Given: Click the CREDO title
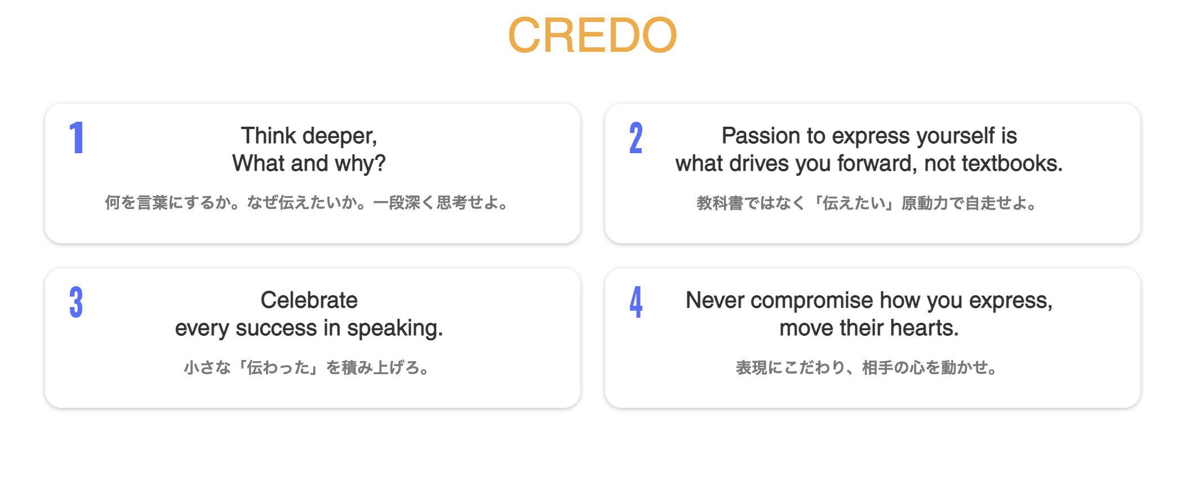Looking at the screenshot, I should pyautogui.click(x=592, y=35).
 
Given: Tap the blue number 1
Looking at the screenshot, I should pyautogui.click(x=77, y=138).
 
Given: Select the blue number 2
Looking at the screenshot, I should pyautogui.click(x=636, y=138).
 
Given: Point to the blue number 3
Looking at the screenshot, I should pyautogui.click(x=76, y=303).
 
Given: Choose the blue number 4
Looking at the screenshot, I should pyautogui.click(x=636, y=303).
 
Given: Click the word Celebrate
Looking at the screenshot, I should pyautogui.click(x=309, y=300).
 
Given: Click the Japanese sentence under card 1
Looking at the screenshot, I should pyautogui.click(x=308, y=203).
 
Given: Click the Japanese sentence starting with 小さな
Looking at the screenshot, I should pyautogui.click(x=308, y=368).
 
